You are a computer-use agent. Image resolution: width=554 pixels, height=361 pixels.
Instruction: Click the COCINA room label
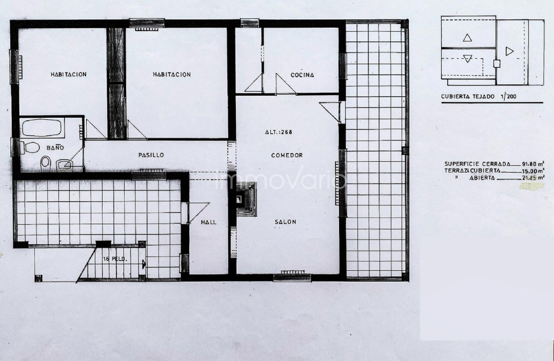coord(302,75)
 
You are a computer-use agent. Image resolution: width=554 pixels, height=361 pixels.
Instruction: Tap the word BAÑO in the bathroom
coord(55,148)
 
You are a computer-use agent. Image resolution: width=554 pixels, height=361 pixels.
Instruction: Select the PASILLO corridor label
coord(151,155)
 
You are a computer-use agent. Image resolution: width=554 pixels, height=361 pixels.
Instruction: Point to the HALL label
coord(209,222)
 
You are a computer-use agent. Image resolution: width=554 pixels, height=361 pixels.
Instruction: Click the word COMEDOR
coord(287,155)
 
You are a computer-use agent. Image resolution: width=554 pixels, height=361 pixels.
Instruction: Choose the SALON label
coord(285,222)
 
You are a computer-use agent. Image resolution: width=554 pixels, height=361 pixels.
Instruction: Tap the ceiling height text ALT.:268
coord(279,132)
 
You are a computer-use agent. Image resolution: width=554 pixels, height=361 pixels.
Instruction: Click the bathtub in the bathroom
coord(42,128)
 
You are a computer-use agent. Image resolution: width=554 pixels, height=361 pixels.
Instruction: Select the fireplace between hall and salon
coord(246,199)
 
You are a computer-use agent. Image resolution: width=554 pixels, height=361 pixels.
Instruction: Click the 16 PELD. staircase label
coord(115,259)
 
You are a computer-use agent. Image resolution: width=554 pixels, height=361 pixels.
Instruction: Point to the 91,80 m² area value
coord(533,164)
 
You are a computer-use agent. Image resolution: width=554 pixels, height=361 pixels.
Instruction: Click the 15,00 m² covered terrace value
coord(533,171)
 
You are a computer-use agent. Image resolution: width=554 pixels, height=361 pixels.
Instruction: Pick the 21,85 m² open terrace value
coord(533,178)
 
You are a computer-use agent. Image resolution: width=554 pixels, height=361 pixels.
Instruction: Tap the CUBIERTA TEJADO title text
coord(468,96)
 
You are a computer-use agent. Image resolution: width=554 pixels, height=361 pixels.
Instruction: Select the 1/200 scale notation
coord(508,96)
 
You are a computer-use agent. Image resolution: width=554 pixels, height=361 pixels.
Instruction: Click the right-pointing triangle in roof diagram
coord(510,51)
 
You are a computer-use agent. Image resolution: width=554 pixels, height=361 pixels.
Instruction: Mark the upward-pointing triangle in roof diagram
coord(467,38)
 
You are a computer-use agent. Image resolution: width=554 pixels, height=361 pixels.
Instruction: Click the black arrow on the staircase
coord(144,265)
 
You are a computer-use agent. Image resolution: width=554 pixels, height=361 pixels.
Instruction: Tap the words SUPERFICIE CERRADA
coord(477,164)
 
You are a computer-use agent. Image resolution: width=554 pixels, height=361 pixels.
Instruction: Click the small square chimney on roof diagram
coord(497,64)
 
